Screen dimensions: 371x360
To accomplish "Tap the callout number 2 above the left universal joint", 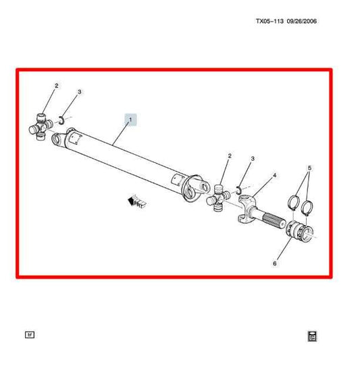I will [57, 86].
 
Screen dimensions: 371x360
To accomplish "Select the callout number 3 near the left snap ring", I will [80, 92].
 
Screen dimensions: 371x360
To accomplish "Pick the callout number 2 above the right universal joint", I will [229, 156].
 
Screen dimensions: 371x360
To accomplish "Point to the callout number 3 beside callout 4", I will [253, 159].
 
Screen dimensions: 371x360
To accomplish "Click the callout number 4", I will [274, 176].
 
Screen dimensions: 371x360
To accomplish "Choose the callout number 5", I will [309, 168].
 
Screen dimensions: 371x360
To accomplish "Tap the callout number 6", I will [274, 264].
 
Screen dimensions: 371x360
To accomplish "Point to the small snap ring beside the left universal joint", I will [60, 120].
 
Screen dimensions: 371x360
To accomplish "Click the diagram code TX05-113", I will [270, 21].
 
